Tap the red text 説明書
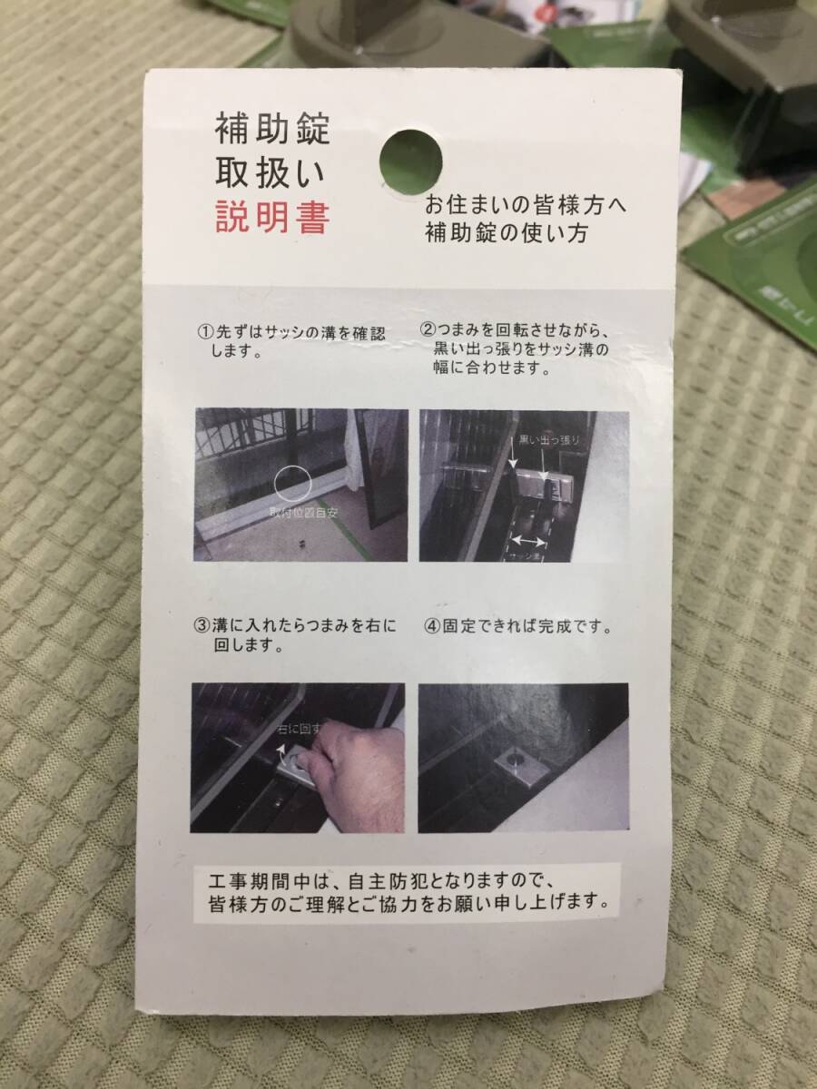point(272,218)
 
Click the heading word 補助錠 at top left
point(272,131)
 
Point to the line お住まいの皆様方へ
point(526,206)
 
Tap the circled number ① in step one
point(205,333)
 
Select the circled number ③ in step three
point(202,627)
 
